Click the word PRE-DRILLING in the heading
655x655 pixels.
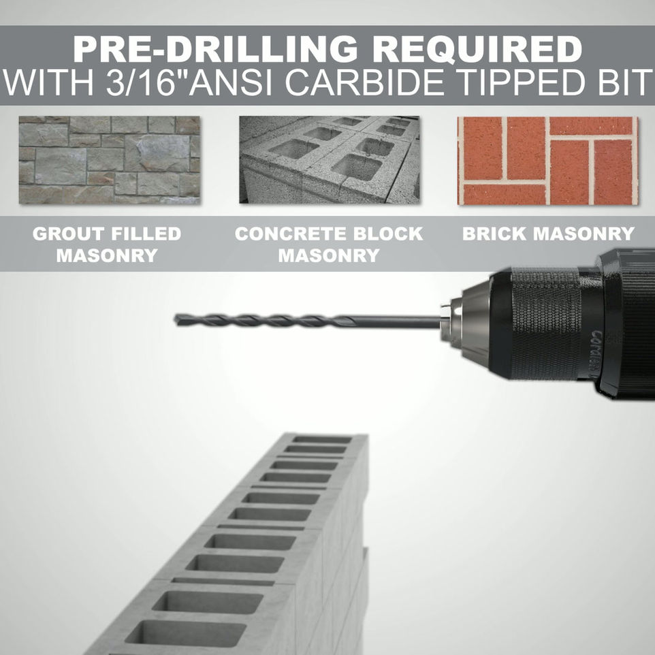pos(215,49)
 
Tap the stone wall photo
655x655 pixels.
pos(110,160)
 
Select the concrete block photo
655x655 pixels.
pos(329,160)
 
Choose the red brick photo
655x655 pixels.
pos(547,161)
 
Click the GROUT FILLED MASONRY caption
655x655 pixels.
pos(107,244)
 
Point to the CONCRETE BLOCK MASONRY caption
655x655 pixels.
pos(329,244)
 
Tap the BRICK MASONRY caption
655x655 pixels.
pos(549,234)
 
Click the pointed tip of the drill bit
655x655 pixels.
pos(176,319)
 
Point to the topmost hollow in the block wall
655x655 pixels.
pos(321,439)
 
